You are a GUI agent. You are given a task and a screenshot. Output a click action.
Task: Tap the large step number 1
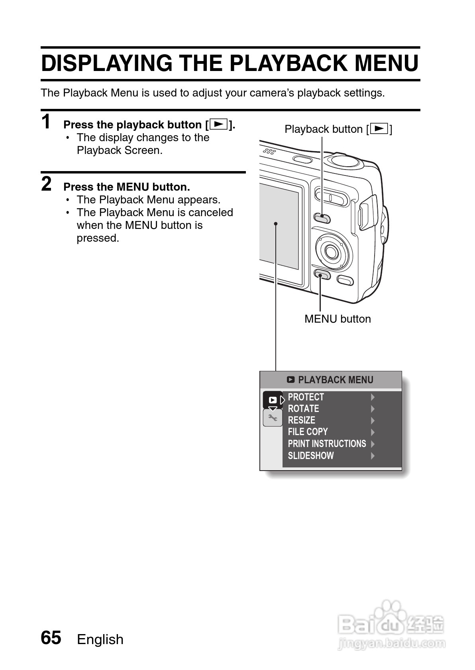click(47, 122)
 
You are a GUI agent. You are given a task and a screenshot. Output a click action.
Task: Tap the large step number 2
click(47, 184)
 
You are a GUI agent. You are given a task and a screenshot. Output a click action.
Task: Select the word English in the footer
click(100, 639)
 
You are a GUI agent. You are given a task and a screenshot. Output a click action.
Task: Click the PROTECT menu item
click(306, 397)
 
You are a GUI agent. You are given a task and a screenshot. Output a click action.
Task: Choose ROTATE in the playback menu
click(303, 409)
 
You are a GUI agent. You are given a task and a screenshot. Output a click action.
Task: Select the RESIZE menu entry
click(301, 420)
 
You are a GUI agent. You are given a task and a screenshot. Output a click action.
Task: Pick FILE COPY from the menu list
click(308, 432)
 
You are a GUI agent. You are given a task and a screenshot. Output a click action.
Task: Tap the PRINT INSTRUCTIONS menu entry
click(327, 444)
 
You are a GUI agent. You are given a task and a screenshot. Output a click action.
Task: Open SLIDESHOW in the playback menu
click(311, 455)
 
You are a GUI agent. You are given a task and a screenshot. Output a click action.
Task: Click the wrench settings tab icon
click(273, 418)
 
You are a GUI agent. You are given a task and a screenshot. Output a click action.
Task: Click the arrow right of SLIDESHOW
click(373, 455)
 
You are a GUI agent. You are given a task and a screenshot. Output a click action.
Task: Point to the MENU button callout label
click(338, 319)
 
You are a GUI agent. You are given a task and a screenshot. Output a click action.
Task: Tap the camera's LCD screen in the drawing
click(279, 227)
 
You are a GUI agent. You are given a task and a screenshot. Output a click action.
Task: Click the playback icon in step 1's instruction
click(218, 124)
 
